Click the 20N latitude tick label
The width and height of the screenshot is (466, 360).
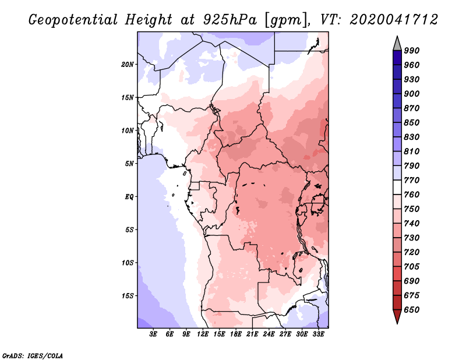[x=128, y=64]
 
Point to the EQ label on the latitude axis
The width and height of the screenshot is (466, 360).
[x=129, y=196]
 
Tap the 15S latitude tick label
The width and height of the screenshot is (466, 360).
[x=128, y=296]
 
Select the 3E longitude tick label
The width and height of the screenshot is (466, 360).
[x=153, y=334]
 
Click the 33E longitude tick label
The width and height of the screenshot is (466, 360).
[x=318, y=334]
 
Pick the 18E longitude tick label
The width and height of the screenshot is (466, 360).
[x=236, y=334]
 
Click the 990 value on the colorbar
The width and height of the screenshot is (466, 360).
[x=412, y=51]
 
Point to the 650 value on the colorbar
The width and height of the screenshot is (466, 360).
[x=412, y=310]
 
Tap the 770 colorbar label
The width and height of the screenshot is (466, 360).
[x=412, y=180]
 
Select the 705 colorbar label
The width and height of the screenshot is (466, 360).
[x=412, y=267]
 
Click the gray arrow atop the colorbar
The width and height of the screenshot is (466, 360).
[x=397, y=44]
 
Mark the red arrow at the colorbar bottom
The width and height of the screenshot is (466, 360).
[x=397, y=316]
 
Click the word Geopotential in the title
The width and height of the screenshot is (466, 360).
[x=73, y=20]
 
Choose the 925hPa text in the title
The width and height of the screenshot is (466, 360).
[x=230, y=20]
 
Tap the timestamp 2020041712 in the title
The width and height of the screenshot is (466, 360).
[x=394, y=20]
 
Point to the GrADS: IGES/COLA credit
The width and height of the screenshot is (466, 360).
[x=33, y=355]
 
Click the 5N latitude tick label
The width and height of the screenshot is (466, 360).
[x=129, y=164]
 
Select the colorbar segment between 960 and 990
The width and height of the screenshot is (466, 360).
[x=397, y=58]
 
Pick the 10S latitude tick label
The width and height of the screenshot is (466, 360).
[x=128, y=263]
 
